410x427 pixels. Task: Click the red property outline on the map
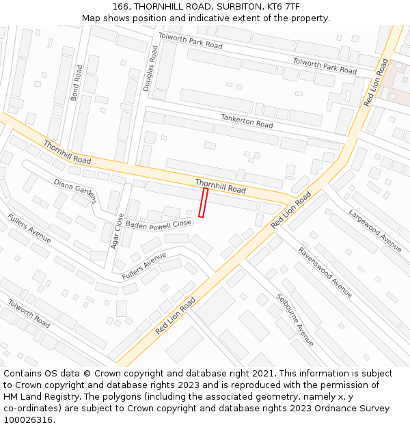click(x=203, y=203)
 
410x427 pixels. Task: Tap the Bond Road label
click(x=76, y=83)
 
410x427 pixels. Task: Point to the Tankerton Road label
click(x=247, y=121)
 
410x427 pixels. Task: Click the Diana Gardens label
click(x=76, y=192)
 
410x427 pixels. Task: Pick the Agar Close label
click(x=116, y=230)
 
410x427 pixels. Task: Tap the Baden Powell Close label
click(x=159, y=223)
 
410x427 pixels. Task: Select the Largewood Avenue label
click(x=375, y=230)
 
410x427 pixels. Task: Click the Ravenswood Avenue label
click(x=325, y=271)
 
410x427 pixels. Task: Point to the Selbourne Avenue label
click(x=295, y=319)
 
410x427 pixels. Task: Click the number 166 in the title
click(x=122, y=6)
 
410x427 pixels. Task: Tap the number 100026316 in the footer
click(x=27, y=420)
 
